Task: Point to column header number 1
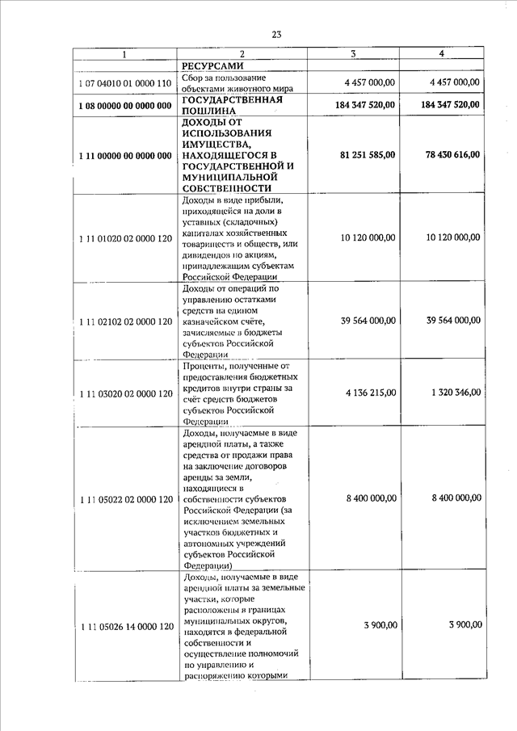click(124, 53)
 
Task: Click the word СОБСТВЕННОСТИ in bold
click(227, 188)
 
